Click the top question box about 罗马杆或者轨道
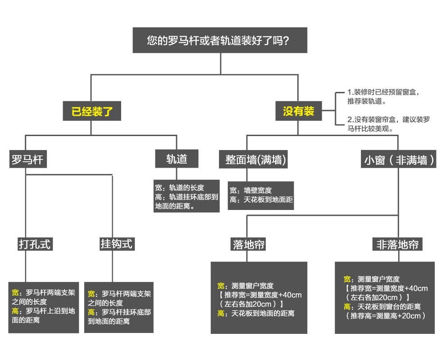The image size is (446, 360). (220, 41)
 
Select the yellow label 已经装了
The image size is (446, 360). (91, 110)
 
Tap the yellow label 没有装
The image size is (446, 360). (298, 110)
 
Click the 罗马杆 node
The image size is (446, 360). (27, 159)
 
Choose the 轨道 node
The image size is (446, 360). (177, 159)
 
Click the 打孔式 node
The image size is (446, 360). (35, 244)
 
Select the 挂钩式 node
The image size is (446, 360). (117, 244)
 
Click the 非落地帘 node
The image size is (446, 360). (398, 245)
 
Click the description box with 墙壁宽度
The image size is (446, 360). (261, 195)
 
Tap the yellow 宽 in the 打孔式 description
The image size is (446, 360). (15, 292)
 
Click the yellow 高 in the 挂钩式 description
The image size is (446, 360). (91, 312)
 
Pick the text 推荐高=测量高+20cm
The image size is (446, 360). (386, 316)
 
